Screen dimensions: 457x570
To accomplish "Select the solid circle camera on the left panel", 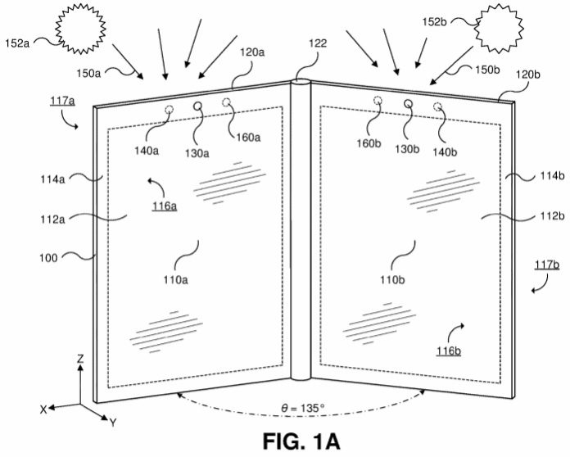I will coord(198,106).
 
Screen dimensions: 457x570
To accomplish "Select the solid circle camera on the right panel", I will coord(408,103).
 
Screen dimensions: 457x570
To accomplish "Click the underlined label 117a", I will coord(61,102).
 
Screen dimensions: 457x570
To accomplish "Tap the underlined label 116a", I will coord(165,206).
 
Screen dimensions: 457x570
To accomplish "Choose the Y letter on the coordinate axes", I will coord(112,423).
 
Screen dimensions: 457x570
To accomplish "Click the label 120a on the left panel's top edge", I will coord(251,52).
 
